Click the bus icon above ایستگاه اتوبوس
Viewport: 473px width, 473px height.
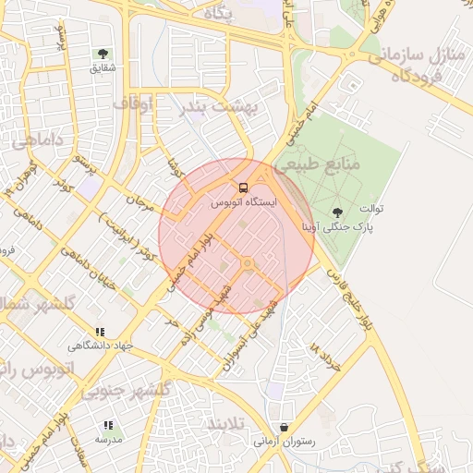click(243, 188)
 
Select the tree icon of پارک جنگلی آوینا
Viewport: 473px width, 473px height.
click(335, 213)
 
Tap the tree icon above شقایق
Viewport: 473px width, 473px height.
click(103, 55)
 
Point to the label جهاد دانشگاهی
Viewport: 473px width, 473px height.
click(101, 346)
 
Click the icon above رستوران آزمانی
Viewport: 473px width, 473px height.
click(284, 428)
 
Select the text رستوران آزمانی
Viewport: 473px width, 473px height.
click(285, 442)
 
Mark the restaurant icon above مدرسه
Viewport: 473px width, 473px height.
click(108, 426)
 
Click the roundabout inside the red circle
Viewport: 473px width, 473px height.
click(247, 265)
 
